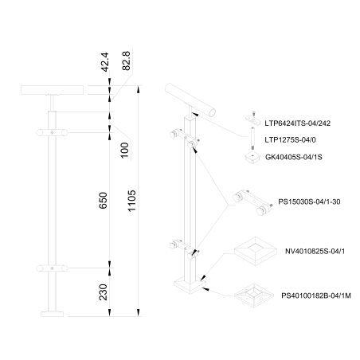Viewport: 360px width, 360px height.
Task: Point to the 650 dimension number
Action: (x=104, y=201)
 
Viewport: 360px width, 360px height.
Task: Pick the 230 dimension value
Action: (x=104, y=292)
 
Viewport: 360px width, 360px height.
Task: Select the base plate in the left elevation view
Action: (x=53, y=315)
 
